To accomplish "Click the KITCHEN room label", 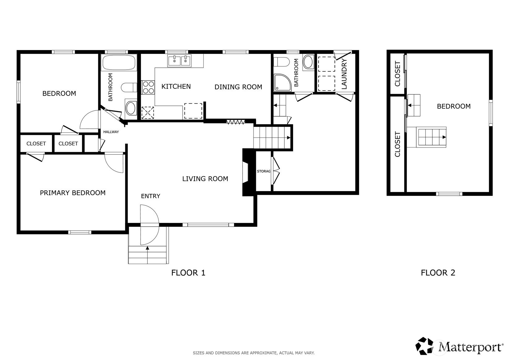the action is click(176, 86).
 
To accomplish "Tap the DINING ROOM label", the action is click(238, 87).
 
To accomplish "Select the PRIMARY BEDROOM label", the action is click(73, 193).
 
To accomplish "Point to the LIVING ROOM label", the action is click(205, 179).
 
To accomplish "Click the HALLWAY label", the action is click(111, 132).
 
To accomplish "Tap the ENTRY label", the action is click(151, 196).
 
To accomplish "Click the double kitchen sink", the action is click(179, 61).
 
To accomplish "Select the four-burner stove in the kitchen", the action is click(148, 88).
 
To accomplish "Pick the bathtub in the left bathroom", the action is click(119, 62).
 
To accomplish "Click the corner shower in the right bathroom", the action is click(282, 82).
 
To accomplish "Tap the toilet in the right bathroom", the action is click(282, 62).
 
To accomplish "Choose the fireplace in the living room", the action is click(248, 172).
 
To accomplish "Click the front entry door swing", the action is click(149, 225).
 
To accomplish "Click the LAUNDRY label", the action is click(344, 74).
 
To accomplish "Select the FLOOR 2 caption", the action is click(438, 273).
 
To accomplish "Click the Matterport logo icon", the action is click(424, 346).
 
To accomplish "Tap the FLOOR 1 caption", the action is click(188, 273).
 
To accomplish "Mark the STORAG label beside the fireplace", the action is click(264, 171).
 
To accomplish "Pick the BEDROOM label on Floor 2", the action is click(454, 106).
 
